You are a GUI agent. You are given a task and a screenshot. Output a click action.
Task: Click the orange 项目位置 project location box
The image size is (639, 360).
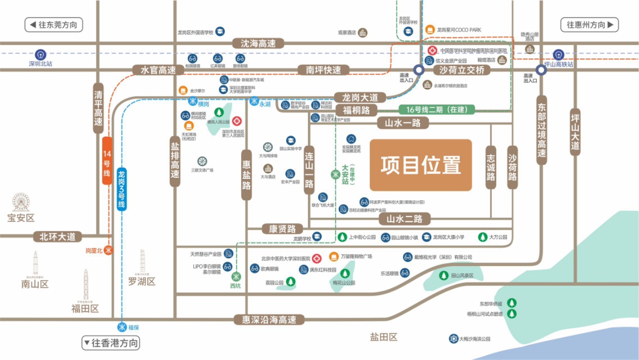pos(420,165)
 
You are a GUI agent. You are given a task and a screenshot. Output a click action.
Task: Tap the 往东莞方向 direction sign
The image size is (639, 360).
pos(53,25)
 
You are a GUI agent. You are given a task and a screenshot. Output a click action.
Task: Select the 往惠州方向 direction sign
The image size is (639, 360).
pos(590,25)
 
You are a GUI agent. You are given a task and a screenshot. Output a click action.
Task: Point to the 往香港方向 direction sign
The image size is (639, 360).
pos(111,343)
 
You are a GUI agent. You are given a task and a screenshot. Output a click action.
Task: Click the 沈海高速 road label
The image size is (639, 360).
pos(258,43)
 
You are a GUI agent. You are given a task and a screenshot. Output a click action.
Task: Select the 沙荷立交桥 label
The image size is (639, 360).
pos(462,70)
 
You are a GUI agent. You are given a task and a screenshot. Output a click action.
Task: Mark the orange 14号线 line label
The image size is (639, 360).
pos(106,160)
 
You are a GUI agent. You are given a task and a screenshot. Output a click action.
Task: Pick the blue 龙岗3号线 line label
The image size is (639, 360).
pos(121,189)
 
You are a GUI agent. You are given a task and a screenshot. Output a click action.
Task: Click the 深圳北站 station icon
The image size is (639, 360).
pos(40,54)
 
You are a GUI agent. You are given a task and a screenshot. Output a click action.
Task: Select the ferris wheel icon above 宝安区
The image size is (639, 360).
pos(21,202)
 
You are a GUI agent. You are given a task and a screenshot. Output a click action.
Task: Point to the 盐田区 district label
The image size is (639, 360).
pos(383,337)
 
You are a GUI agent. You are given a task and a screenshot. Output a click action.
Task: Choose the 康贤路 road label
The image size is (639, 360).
pos(283,229)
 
